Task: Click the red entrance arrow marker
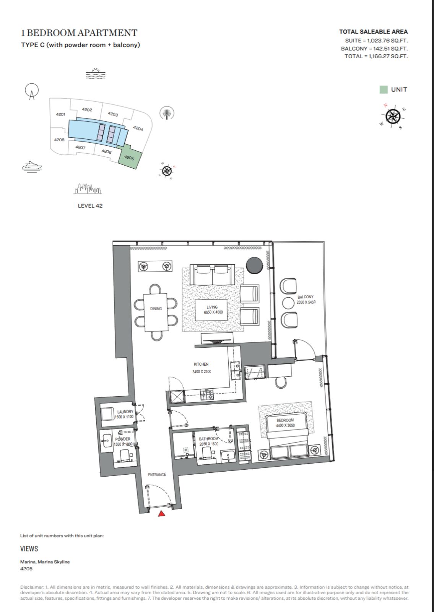162,513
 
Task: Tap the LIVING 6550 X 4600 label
213,309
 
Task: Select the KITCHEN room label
201,364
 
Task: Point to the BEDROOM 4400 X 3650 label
285,422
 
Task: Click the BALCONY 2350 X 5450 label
306,299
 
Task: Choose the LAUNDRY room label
125,412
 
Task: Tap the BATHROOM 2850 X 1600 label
209,441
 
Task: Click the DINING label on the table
156,308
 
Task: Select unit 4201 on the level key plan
60,114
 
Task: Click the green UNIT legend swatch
384,90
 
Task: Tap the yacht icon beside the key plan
32,166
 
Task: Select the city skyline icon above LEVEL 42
88,189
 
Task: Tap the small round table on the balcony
288,303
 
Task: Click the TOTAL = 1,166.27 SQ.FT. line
376,56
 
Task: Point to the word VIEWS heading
29,549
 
